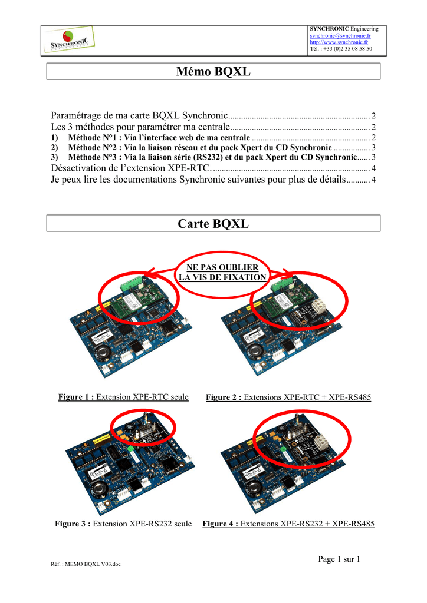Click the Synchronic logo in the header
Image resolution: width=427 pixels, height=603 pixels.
(x=70, y=40)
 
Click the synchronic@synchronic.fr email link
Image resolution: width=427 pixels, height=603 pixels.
(x=340, y=36)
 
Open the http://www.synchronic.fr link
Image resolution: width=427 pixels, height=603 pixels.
(x=339, y=42)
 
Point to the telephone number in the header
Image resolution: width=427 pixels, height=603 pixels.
(x=341, y=49)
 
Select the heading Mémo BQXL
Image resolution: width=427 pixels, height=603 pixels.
(x=213, y=71)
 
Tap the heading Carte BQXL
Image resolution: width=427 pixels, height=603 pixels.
(x=213, y=223)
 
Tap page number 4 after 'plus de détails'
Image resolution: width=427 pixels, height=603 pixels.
(x=373, y=180)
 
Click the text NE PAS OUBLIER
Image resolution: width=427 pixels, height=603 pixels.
(x=222, y=267)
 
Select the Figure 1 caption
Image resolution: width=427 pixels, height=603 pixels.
(x=124, y=397)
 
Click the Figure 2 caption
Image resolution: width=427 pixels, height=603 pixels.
(x=288, y=397)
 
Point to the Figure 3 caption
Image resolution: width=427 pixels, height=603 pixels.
(x=123, y=524)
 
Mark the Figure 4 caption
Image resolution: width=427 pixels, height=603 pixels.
(x=288, y=524)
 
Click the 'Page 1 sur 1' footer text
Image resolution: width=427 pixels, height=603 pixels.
(x=339, y=559)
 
